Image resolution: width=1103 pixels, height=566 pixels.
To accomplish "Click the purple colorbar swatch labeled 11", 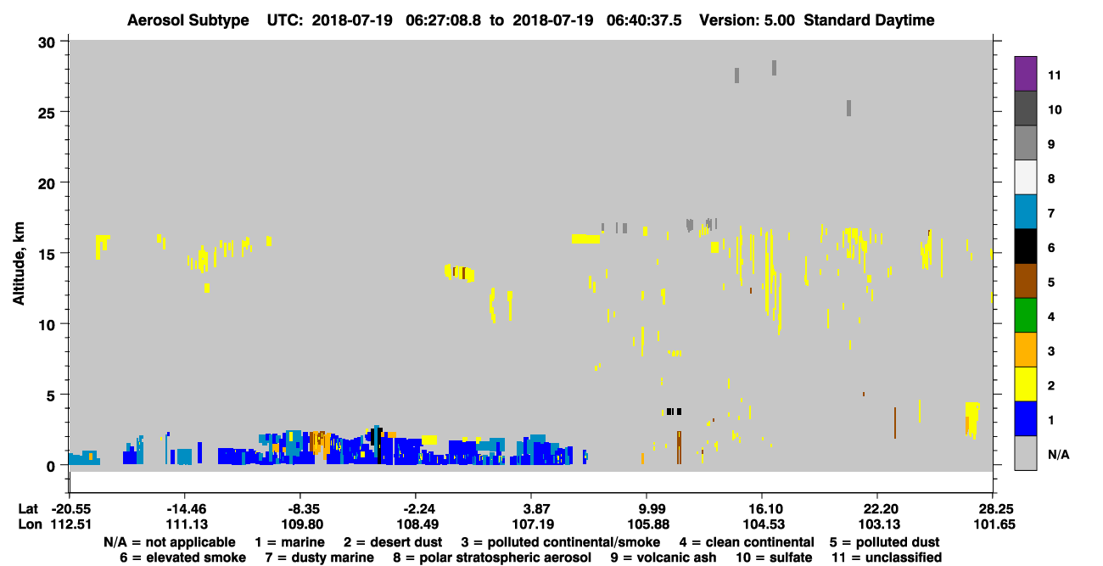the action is pyautogui.click(x=1025, y=73).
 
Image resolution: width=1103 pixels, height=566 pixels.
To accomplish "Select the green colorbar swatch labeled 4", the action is pyautogui.click(x=1025, y=316).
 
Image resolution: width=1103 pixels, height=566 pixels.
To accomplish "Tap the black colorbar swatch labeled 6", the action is pyautogui.click(x=1025, y=246).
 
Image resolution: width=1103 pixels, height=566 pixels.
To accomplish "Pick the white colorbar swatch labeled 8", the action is pyautogui.click(x=1025, y=177).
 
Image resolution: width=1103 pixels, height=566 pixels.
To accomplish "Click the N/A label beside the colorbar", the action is pyautogui.click(x=1058, y=454).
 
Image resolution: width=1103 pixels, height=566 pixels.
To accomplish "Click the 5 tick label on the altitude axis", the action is pyautogui.click(x=50, y=395).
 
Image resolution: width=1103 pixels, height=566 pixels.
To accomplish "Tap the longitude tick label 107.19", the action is pyautogui.click(x=531, y=524).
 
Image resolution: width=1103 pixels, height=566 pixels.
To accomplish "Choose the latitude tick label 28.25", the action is pyautogui.click(x=993, y=509).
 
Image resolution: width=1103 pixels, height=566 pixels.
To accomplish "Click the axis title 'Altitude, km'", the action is pyautogui.click(x=18, y=263).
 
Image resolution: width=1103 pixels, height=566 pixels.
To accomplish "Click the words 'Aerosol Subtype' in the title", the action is pyautogui.click(x=188, y=20).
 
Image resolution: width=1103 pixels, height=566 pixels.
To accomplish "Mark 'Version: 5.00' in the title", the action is pyautogui.click(x=747, y=20).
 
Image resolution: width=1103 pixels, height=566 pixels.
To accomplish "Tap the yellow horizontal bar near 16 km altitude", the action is pyautogui.click(x=585, y=239).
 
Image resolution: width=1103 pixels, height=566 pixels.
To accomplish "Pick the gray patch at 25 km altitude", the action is pyautogui.click(x=849, y=108).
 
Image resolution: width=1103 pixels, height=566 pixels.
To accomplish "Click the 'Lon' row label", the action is pyautogui.click(x=30, y=524).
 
